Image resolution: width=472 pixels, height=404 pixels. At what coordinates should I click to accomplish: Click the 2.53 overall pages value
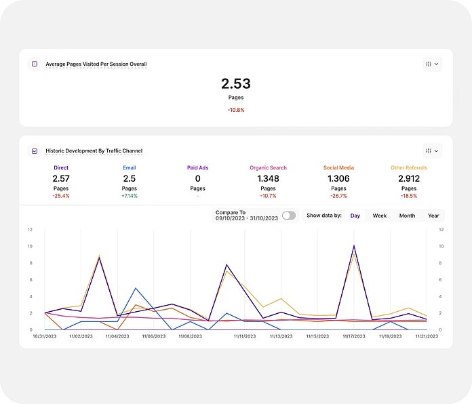(235, 84)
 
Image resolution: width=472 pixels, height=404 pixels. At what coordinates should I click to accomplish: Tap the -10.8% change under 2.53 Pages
(235, 110)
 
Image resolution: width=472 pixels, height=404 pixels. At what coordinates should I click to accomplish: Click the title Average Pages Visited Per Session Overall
(96, 64)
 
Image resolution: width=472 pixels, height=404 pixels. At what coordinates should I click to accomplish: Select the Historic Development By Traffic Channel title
(94, 150)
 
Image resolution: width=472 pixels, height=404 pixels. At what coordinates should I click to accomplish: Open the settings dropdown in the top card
(431, 64)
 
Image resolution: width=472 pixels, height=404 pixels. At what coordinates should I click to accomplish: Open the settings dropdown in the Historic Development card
(431, 150)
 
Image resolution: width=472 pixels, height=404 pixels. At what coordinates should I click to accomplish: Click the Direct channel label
(61, 167)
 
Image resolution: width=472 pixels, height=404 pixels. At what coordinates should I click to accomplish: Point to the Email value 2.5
(130, 178)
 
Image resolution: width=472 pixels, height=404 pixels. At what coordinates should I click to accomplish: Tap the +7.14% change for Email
(130, 196)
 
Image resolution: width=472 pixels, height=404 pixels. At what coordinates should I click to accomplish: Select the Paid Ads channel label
(197, 167)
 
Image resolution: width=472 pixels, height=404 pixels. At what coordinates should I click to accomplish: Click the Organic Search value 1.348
(268, 178)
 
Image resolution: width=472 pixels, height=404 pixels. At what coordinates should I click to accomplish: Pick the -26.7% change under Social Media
(338, 196)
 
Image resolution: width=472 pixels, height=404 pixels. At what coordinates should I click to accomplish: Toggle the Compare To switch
(289, 216)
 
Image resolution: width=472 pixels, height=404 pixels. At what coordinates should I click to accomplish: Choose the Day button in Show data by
(355, 216)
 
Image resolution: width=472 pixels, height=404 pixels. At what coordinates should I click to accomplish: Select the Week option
(380, 216)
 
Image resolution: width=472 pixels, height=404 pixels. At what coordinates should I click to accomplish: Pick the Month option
(407, 216)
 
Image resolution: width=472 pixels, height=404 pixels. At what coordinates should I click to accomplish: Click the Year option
(433, 216)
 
